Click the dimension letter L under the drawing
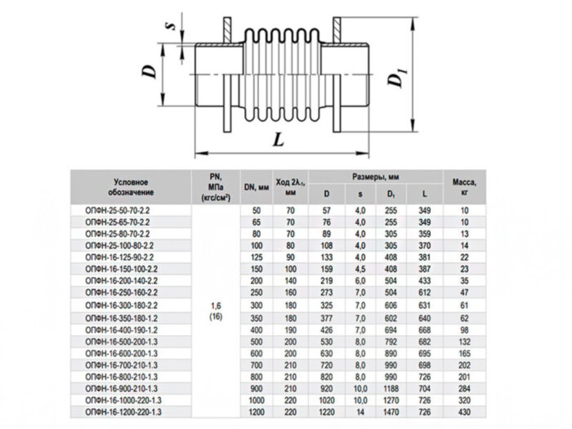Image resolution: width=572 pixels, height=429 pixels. (279, 141)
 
